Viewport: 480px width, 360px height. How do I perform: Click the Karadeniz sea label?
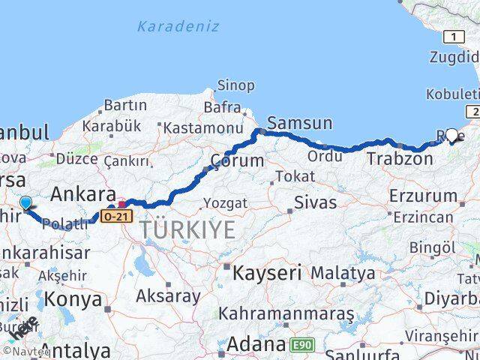(x=178, y=26)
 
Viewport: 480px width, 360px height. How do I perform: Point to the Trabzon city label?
(x=400, y=159)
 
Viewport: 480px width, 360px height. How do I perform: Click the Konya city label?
(x=73, y=299)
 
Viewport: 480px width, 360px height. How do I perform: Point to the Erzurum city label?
(x=423, y=196)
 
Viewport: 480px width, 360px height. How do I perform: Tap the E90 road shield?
(x=301, y=345)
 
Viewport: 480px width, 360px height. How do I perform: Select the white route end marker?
(x=451, y=135)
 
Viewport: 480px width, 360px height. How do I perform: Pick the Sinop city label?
(x=235, y=85)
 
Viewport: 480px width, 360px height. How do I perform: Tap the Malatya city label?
(x=343, y=273)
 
